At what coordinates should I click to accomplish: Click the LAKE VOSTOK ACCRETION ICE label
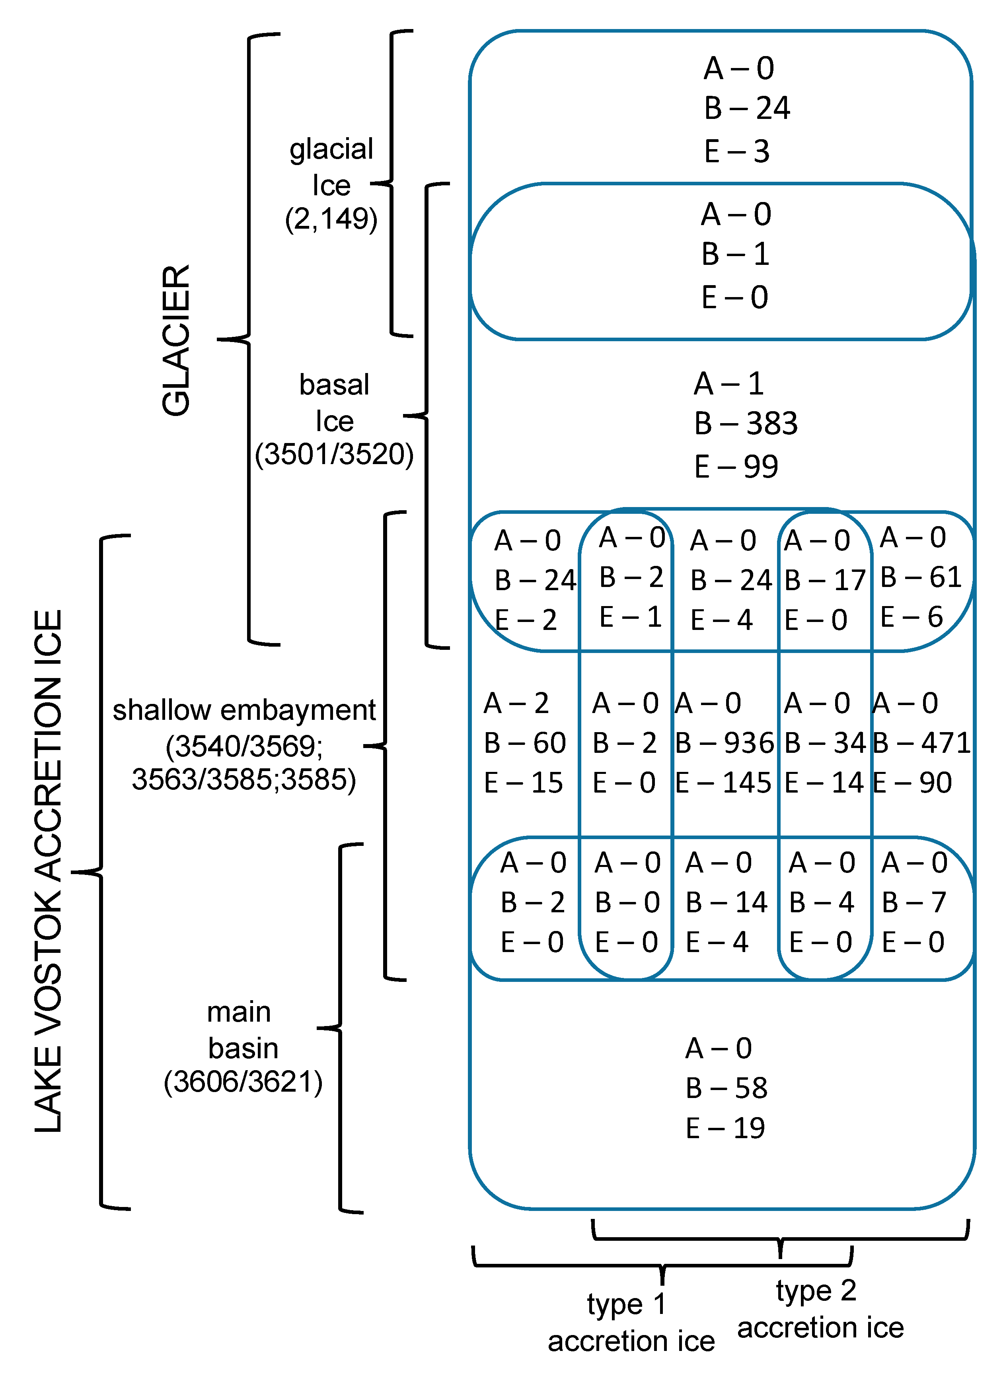pos(49,871)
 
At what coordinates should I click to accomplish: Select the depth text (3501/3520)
pos(334,454)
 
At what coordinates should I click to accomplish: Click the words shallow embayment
pos(244,710)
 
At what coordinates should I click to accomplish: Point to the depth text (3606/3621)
pos(243,1082)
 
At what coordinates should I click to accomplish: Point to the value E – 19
pos(725,1128)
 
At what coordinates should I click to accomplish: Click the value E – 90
pos(912,782)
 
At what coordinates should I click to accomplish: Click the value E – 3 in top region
pos(736,151)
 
